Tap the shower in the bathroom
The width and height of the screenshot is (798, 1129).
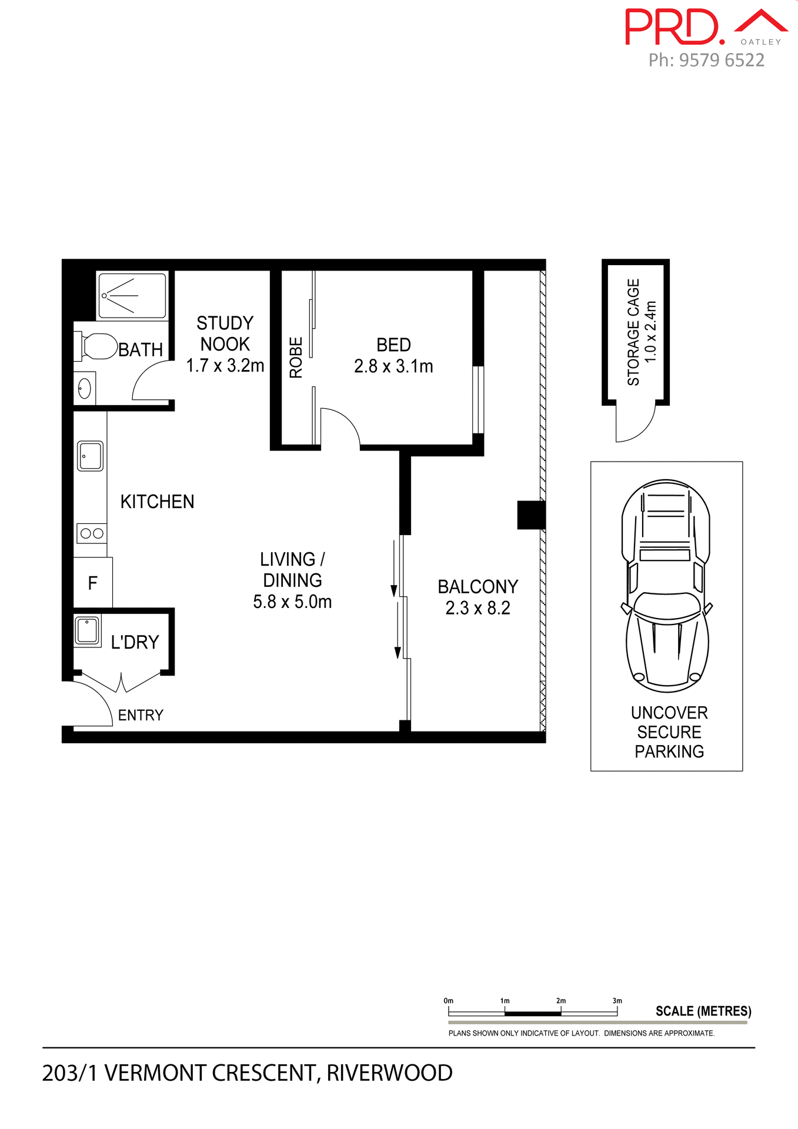pos(132,295)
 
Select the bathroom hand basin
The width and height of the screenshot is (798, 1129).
pos(85,388)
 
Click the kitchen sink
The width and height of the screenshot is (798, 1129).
pos(91,456)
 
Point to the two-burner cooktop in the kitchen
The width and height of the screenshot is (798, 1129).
pos(92,533)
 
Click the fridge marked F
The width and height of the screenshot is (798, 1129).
pos(92,583)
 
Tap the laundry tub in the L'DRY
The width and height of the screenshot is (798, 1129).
pos(88,630)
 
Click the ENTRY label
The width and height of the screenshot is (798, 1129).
pos(141,715)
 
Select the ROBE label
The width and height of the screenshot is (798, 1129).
pos(296,357)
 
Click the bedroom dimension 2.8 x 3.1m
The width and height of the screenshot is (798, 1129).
pos(393,366)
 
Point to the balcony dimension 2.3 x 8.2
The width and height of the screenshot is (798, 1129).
pos(478,608)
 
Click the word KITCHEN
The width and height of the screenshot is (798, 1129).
pos(157,502)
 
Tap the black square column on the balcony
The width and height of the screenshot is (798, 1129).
pos(531,515)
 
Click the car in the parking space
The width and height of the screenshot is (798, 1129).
pos(666,585)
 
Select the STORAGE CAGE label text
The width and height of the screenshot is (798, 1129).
pos(633,332)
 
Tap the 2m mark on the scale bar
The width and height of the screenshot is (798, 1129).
pos(561,1012)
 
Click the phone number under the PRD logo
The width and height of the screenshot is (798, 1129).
pos(706,60)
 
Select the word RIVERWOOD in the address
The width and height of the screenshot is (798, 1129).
pos(389,1073)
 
